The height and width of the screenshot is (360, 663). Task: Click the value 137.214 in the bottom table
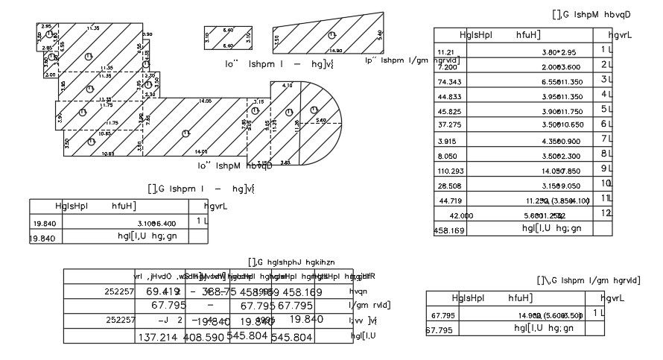[x=159, y=338]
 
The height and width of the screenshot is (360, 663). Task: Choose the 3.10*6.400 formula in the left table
[x=157, y=223]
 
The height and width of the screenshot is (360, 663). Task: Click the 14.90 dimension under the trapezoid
[x=334, y=51]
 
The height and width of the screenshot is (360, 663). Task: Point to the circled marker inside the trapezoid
[x=331, y=34]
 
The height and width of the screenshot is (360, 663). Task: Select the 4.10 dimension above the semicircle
[x=288, y=86]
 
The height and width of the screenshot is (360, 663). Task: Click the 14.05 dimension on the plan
[x=204, y=101]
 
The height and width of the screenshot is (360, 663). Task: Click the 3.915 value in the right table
[x=447, y=142]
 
